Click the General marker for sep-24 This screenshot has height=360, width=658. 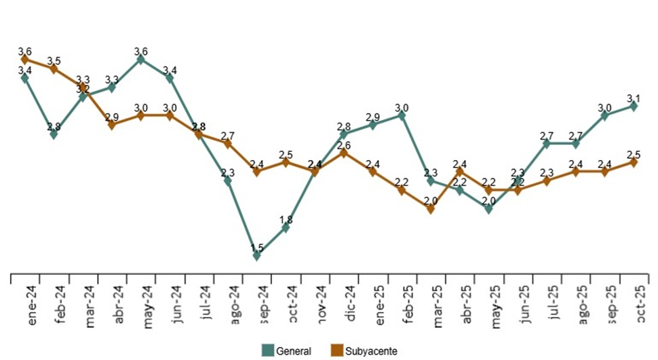click(257, 256)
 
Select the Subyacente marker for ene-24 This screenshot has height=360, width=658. click(25, 60)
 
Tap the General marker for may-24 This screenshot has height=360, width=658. click(141, 60)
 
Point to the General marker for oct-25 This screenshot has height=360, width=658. click(634, 106)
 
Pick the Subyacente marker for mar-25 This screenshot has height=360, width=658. click(431, 209)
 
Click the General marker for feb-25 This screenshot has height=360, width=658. click(402, 115)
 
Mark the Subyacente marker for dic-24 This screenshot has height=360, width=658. click(344, 153)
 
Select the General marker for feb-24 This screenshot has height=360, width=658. click(54, 134)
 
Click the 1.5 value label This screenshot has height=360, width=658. click(257, 247)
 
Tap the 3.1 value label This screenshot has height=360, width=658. click(634, 97)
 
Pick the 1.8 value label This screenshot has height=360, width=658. click(286, 219)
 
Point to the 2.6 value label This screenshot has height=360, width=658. click(344, 144)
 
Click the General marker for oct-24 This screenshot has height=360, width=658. click(286, 228)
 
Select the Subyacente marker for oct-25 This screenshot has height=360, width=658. click(634, 162)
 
